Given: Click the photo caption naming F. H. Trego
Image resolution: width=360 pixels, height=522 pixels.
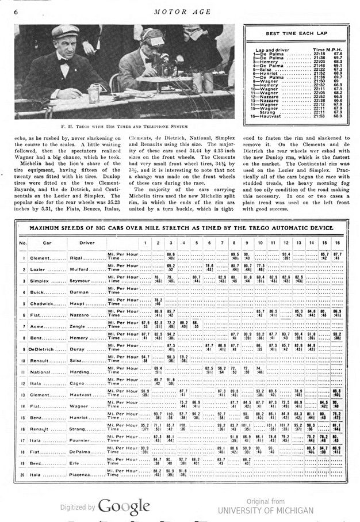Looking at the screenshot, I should pos(124,125).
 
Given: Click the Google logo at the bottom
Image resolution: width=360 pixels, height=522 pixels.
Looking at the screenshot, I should pos(123,506).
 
